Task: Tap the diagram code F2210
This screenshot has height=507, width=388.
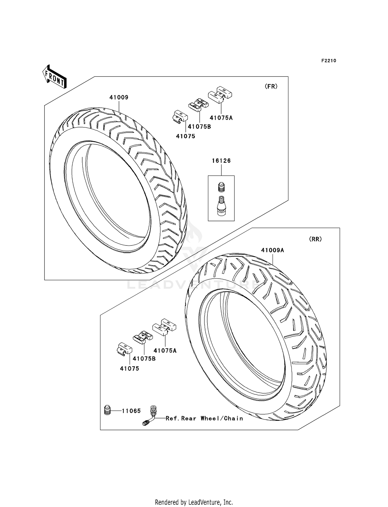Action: [329, 61]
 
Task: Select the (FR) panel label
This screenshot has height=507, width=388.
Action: [271, 87]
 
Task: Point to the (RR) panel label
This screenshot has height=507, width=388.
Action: [315, 239]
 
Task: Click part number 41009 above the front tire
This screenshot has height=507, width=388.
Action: [119, 97]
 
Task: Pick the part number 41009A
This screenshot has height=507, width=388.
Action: [272, 250]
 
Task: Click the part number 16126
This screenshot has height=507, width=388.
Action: [221, 161]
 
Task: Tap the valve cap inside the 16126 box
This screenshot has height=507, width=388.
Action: [221, 187]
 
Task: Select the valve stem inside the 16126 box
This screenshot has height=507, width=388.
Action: [221, 204]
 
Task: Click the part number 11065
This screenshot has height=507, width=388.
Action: [131, 411]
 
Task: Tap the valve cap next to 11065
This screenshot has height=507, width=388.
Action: [107, 410]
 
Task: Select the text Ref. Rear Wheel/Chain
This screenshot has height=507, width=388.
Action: [204, 418]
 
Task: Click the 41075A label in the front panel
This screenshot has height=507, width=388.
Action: [221, 118]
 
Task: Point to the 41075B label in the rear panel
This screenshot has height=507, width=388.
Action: [144, 359]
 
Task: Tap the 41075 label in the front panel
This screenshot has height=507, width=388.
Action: [185, 136]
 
